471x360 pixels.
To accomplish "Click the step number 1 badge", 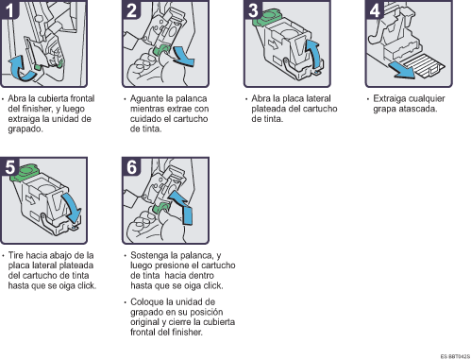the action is (x=9, y=9).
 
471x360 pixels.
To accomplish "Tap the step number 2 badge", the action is (x=131, y=9).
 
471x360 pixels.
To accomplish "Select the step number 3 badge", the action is (x=253, y=9).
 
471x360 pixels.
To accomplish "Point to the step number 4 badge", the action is (x=375, y=9).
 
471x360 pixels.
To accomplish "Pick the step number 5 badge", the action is (x=9, y=166).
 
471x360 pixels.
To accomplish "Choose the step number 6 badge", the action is (x=131, y=166).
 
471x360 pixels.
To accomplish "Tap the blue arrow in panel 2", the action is (x=184, y=57).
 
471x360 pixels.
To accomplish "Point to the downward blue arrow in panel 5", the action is (x=72, y=208).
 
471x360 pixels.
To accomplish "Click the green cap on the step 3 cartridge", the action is (x=267, y=17).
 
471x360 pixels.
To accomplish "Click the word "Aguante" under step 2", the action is (x=147, y=99).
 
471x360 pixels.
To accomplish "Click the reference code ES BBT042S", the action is (x=455, y=356).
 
